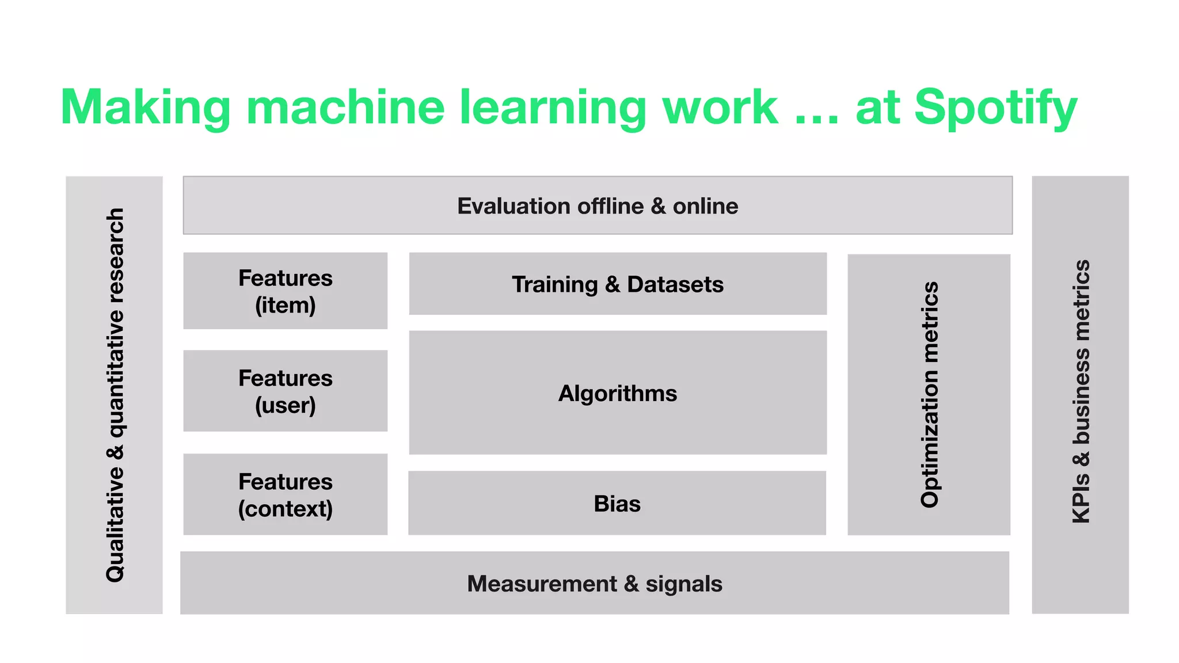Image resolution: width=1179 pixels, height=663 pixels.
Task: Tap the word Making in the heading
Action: [145, 108]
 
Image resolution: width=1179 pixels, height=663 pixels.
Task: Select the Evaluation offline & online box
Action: [598, 205]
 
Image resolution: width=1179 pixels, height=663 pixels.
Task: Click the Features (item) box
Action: [286, 291]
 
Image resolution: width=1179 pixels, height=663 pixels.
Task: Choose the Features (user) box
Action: [286, 391]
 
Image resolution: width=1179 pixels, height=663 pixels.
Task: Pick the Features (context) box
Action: [286, 494]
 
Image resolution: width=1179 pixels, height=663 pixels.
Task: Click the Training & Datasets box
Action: [618, 284]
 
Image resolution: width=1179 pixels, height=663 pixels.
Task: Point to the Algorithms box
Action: [618, 393]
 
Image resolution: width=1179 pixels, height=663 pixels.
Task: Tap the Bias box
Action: [617, 504]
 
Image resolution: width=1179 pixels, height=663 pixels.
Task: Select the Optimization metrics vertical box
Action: [929, 395]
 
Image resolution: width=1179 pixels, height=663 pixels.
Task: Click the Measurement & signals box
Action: [595, 584]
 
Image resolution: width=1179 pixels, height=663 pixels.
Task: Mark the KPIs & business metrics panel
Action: [1080, 395]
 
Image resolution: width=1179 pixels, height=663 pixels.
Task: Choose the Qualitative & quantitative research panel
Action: [115, 395]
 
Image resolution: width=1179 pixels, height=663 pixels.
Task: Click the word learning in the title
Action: [553, 108]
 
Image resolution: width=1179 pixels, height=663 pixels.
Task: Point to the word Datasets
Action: [675, 284]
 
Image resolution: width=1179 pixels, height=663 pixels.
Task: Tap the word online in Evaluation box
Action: [705, 206]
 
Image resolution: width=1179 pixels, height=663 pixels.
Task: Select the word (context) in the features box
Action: [286, 509]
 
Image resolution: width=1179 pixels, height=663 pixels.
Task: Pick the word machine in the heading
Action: [345, 108]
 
